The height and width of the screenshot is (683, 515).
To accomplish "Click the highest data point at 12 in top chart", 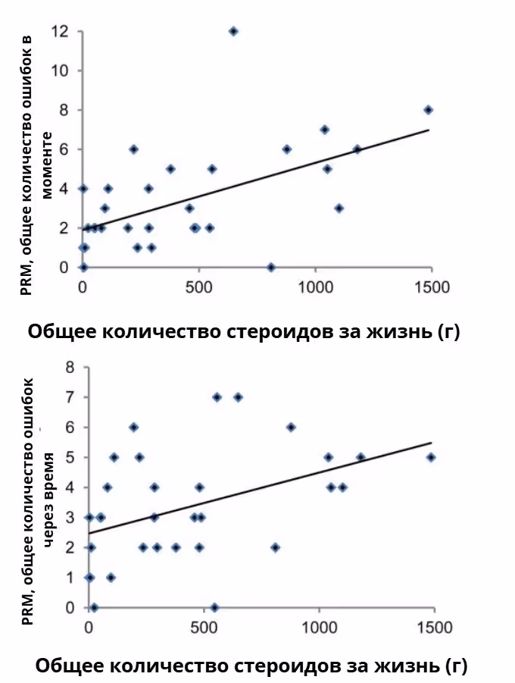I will (x=233, y=31).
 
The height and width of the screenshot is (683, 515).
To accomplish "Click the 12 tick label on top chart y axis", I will (x=61, y=31).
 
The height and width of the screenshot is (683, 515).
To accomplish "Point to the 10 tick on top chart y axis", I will (x=61, y=70).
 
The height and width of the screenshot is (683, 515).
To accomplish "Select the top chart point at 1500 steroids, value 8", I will (x=428, y=110).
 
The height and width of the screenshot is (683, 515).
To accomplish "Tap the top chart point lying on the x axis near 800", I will (x=270, y=267).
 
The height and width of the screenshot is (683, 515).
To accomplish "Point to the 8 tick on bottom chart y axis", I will (x=70, y=367).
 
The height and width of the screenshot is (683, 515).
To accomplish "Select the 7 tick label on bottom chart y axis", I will (x=70, y=397).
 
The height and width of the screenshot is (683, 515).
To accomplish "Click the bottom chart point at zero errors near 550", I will (x=215, y=607).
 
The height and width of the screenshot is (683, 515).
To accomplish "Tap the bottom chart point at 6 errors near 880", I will (x=291, y=427).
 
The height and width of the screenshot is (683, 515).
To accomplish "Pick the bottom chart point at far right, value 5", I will (x=431, y=457).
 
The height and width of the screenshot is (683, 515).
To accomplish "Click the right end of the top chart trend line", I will (x=429, y=130).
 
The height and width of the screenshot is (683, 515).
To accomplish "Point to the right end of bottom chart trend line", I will (x=431, y=443).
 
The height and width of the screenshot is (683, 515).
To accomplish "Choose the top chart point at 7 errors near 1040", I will (x=324, y=130).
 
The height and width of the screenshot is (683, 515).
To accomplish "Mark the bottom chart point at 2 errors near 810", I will (x=276, y=547).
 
